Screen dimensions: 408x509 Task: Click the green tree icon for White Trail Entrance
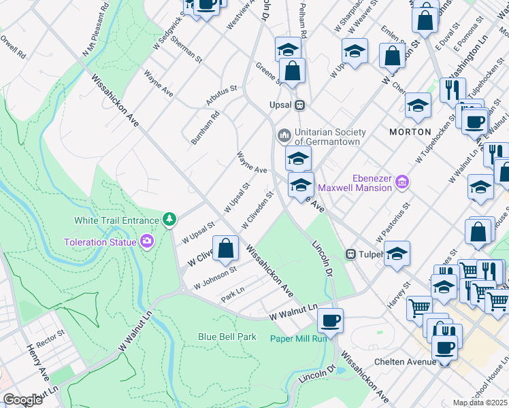(x=169, y=219)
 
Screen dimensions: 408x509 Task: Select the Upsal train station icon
(x=299, y=105)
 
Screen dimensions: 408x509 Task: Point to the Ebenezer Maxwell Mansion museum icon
(x=402, y=182)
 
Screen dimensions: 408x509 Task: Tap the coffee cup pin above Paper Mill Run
(x=331, y=320)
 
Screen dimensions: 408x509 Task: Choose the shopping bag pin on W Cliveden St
(x=226, y=248)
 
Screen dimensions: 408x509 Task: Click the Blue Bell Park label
(x=227, y=337)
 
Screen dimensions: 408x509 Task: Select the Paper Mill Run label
(x=298, y=339)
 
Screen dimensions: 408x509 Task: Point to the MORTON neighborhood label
(x=410, y=131)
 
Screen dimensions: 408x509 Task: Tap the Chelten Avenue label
(x=408, y=362)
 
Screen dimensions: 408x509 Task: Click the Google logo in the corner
(x=23, y=399)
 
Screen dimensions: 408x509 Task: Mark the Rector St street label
(x=50, y=338)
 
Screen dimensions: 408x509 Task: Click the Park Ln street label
(x=232, y=296)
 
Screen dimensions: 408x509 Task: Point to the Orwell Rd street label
(x=14, y=46)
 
